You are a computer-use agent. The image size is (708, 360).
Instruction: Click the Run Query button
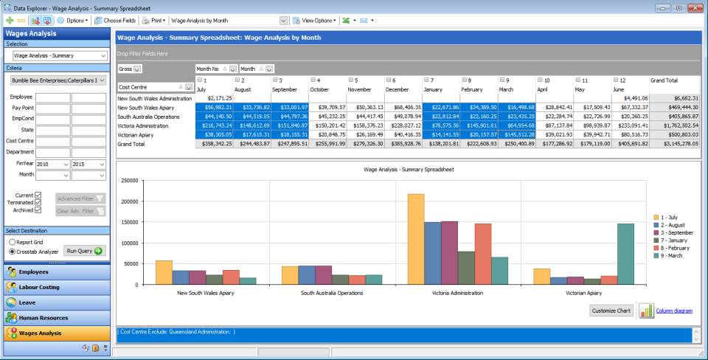(x=85, y=251)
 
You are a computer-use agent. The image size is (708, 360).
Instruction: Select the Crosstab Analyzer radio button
(x=12, y=252)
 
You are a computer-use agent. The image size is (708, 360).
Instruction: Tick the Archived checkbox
(x=38, y=210)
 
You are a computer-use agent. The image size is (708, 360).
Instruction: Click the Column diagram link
(x=673, y=311)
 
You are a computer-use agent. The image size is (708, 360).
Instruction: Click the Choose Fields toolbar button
(x=115, y=21)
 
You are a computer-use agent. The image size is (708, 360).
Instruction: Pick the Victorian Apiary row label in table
(x=136, y=135)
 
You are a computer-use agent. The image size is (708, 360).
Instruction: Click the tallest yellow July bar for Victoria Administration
(x=415, y=239)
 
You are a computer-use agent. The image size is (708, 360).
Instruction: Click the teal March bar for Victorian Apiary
(x=625, y=254)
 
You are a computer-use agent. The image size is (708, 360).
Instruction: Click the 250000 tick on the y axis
(x=130, y=180)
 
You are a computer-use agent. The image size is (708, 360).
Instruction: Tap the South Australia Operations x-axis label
(x=331, y=293)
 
